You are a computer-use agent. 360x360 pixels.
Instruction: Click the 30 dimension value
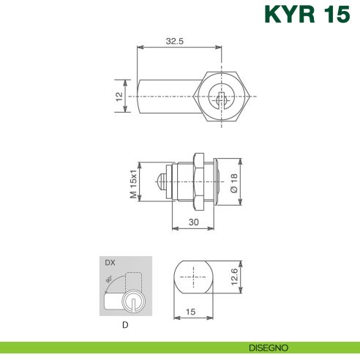(193, 222)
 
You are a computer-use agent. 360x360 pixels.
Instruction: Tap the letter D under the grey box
(126, 324)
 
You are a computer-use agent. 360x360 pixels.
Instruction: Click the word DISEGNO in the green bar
(268, 348)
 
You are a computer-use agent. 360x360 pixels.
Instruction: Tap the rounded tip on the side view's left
(160, 182)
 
